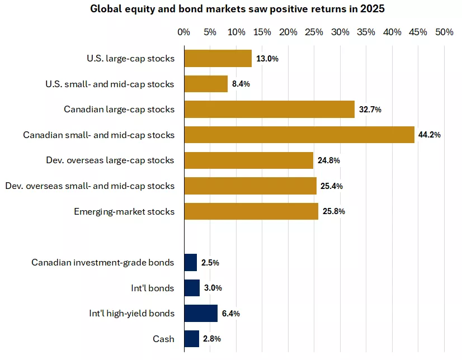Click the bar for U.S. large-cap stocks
pos(218,59)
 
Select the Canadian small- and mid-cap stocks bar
pos(299,135)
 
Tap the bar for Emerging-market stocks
pos(251,211)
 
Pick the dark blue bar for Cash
pos(191,339)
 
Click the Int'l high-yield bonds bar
pos(201,313)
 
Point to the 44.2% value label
pos(430,135)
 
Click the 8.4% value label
pos(241,84)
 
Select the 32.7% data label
pos(370,110)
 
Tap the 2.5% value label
pos(211,262)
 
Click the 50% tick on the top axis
pos(444,32)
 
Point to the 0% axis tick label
pos(184,32)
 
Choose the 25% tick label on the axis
pos(314,32)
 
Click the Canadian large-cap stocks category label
pos(119,110)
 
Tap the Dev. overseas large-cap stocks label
pos(110,160)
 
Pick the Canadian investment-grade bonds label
pos(103,262)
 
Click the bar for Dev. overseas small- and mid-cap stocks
pos(250,186)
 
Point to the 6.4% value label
pos(231,313)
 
